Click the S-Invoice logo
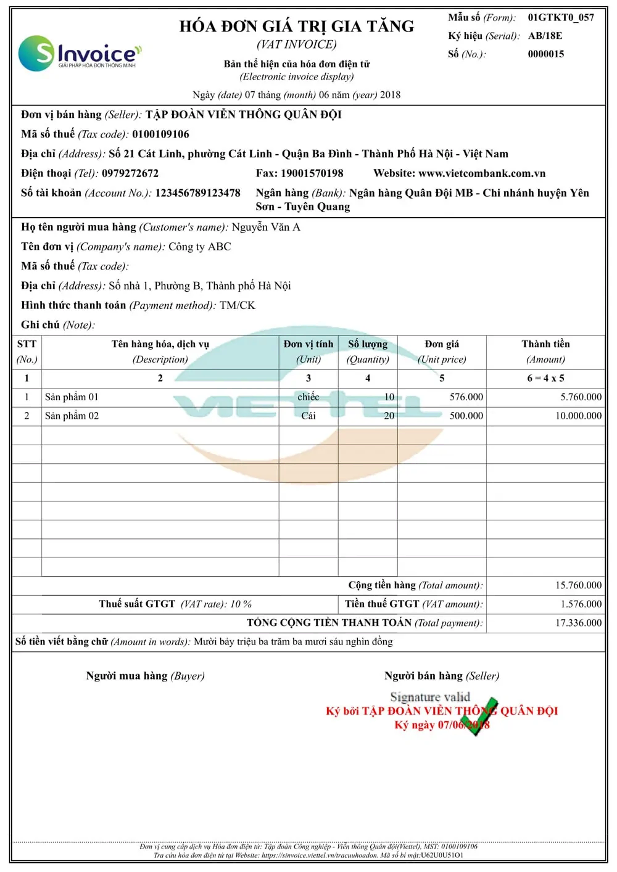(x=79, y=53)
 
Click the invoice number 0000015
(x=545, y=54)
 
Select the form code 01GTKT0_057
(x=560, y=17)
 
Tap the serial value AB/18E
(x=545, y=36)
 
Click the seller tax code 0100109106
(x=160, y=134)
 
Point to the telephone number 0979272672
(x=130, y=174)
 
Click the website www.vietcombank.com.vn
(x=481, y=174)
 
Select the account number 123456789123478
(x=197, y=193)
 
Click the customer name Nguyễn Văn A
(x=266, y=228)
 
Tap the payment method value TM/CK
(x=237, y=306)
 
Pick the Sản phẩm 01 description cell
(x=72, y=397)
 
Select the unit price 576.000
(x=466, y=397)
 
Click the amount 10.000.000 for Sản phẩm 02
(x=578, y=416)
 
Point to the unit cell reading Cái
(x=308, y=416)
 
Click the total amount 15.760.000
(x=578, y=585)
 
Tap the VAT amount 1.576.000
(x=581, y=604)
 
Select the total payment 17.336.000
(x=578, y=623)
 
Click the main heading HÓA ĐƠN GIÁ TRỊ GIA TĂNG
(x=297, y=27)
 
